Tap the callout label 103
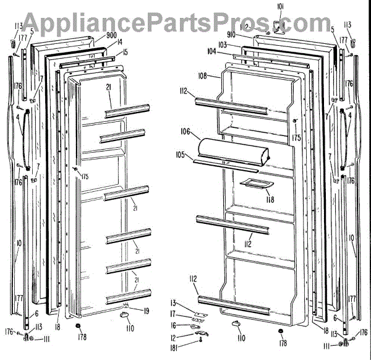[x=222, y=45]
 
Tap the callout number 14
[x=120, y=42]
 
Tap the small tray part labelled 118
[x=252, y=184]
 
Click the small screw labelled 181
[x=200, y=342]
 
